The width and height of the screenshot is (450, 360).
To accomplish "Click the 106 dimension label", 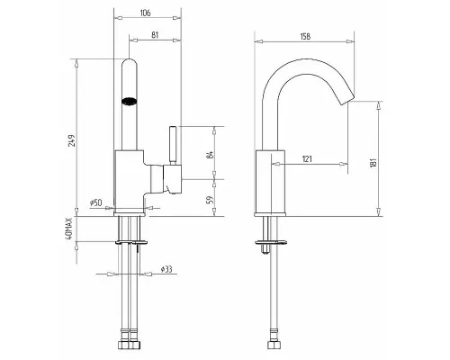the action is (145, 13).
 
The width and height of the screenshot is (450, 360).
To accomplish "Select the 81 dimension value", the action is (155, 35).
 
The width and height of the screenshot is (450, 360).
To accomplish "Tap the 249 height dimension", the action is (72, 139).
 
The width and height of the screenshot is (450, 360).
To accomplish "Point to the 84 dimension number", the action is (211, 155).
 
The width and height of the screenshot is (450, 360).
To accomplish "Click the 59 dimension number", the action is (211, 200).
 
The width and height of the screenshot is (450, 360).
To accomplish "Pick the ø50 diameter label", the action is (95, 202).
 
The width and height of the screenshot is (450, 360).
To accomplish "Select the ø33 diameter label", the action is (166, 269).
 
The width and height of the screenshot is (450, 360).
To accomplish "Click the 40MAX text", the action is (69, 229).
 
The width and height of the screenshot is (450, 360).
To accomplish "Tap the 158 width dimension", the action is (305, 36).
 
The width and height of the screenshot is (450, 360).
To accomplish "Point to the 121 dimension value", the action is (307, 158).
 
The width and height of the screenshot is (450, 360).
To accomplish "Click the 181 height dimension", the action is (373, 163).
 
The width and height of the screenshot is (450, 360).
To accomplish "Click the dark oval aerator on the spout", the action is (130, 101).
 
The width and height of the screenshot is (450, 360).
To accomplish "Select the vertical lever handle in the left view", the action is (173, 146).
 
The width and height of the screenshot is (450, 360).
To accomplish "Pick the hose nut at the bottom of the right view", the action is (272, 345).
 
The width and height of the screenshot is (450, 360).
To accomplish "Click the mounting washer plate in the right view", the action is (271, 242).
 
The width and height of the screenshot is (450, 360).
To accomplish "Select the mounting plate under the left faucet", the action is (131, 241).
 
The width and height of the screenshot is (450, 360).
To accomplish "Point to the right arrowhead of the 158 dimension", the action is (350, 41).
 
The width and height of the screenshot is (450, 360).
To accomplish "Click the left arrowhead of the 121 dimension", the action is (275, 164).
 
